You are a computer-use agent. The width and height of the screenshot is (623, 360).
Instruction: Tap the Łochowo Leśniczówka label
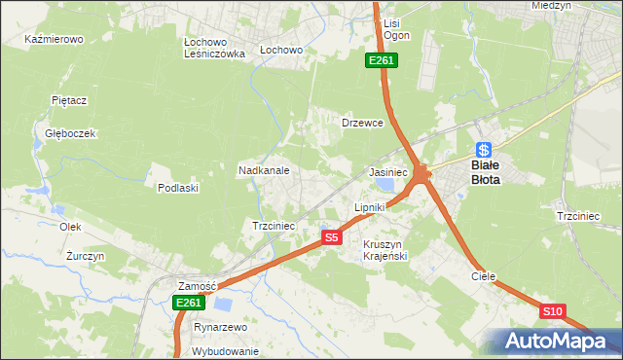click(x=214, y=49)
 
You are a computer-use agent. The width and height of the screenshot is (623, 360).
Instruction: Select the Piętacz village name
click(x=70, y=100)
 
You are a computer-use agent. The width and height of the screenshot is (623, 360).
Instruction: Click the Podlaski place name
click(x=178, y=188)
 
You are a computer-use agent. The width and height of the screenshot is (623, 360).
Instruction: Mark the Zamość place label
click(x=196, y=286)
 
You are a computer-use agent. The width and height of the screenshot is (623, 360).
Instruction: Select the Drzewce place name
click(x=362, y=124)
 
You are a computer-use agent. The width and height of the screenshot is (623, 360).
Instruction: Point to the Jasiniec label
click(x=387, y=171)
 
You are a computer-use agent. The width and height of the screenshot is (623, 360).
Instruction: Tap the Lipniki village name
click(x=370, y=207)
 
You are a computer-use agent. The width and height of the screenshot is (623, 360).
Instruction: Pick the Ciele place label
click(x=484, y=276)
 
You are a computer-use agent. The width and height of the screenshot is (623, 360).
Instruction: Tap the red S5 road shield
click(x=332, y=237)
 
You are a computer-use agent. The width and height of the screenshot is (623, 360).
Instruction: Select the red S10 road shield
click(x=552, y=311)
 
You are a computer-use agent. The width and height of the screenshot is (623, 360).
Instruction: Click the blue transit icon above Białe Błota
click(x=484, y=150)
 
